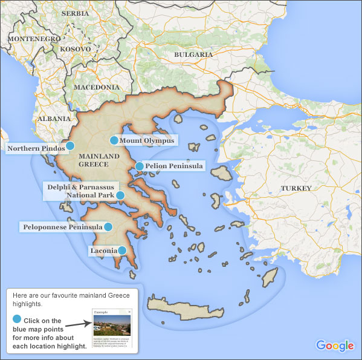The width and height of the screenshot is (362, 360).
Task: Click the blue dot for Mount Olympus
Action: point(114,141)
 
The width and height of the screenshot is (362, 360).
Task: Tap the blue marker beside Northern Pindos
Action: point(70,146)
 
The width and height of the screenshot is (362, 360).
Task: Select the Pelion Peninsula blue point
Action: point(140,166)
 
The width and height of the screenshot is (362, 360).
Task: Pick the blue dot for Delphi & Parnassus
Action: point(120,195)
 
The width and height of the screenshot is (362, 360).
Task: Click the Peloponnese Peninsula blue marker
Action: point(108,227)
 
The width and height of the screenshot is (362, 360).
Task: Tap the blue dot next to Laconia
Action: point(122,250)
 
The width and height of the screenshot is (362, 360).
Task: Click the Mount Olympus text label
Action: point(147,141)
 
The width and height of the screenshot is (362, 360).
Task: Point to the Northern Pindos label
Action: point(36,148)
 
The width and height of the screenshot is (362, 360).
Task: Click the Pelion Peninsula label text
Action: point(174,166)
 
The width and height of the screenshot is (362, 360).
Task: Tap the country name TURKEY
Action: point(296,188)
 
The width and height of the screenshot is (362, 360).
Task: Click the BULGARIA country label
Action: point(193,54)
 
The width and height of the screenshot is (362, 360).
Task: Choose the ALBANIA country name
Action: point(54,119)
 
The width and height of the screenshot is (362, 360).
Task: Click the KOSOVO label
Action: point(76,49)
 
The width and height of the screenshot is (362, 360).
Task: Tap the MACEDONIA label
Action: point(97,87)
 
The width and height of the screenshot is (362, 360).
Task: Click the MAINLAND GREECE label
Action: point(94,160)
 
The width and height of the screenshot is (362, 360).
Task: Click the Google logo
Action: point(334,345)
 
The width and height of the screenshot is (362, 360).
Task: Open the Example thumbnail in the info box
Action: point(112,330)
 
